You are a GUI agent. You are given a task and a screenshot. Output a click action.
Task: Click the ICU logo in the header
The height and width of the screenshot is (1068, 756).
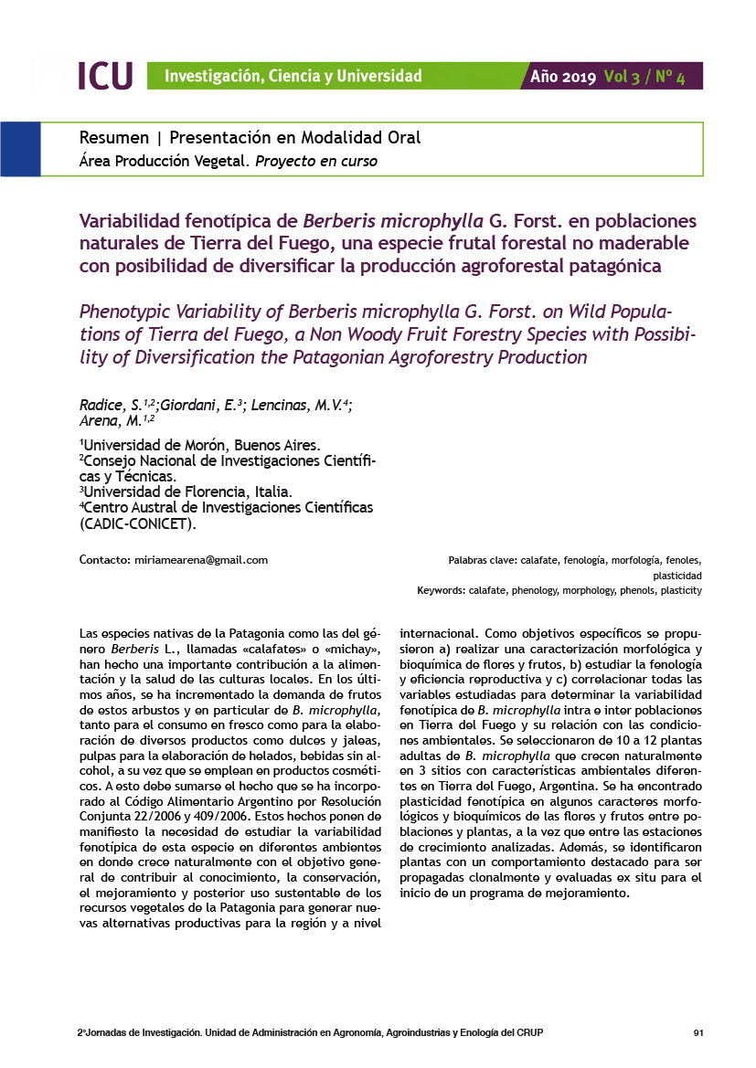click(x=105, y=76)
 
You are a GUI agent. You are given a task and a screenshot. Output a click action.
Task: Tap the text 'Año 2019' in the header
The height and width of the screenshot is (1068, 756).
click(x=563, y=77)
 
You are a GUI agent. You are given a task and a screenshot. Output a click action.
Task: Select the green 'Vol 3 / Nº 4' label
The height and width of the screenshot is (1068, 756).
click(x=644, y=77)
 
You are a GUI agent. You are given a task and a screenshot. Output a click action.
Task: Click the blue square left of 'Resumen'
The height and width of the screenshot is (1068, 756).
click(x=20, y=149)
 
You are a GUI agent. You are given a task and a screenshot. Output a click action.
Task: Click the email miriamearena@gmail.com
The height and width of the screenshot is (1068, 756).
click(x=200, y=560)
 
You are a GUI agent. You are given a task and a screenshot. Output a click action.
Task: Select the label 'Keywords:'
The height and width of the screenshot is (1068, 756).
click(x=442, y=591)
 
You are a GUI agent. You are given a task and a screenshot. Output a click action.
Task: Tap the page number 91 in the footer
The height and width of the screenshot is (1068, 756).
click(x=698, y=1033)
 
